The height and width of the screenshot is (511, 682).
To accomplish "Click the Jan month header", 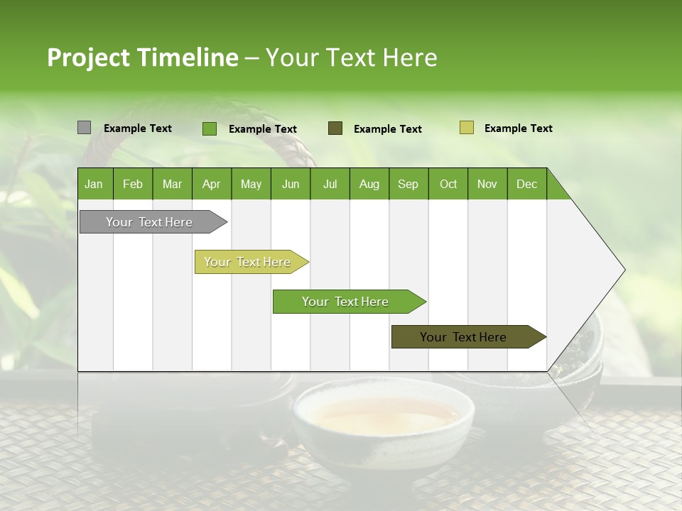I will point(94,184).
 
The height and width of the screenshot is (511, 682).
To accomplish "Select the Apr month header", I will point(211,184).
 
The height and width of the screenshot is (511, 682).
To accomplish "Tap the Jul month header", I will point(330,184).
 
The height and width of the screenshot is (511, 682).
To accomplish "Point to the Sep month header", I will point(408,184).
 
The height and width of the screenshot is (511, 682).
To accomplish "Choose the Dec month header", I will point(526,184).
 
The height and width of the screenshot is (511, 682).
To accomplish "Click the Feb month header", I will point(133,184).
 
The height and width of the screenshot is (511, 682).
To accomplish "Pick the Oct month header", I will point(448,184).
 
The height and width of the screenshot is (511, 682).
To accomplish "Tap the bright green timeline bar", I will point(346,302).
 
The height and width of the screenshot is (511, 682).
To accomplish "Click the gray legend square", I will point(84,128).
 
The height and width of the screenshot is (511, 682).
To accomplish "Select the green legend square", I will point(209,128).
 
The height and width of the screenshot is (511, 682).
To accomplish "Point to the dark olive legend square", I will point(335,128).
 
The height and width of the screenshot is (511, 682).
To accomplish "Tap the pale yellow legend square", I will point(466,128).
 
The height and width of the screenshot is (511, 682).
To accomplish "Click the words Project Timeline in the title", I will point(142,57).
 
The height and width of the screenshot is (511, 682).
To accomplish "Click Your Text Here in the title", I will point(351,57).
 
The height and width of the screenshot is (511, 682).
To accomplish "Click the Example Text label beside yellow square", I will point(518,128).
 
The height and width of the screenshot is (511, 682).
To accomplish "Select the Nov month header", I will point(487,184).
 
